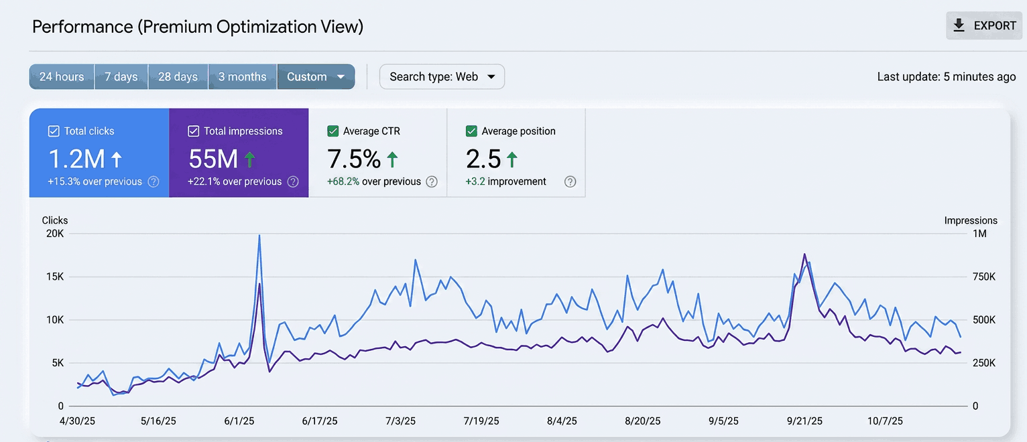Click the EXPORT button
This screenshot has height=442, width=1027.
tap(984, 25)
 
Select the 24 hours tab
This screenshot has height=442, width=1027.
tap(62, 76)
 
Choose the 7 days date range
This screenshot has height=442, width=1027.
tap(121, 76)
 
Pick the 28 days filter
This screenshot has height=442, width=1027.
tap(178, 76)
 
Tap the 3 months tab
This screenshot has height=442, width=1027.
tap(242, 76)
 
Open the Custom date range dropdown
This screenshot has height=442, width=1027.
tap(316, 76)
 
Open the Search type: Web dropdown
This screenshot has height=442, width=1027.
tap(442, 76)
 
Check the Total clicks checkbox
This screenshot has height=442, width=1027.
tap(54, 131)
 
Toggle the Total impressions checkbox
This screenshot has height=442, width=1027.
tap(194, 131)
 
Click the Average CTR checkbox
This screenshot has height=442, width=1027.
tap(333, 131)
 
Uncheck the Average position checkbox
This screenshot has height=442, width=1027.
tap(471, 131)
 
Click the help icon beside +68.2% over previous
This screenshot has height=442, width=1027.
tap(432, 181)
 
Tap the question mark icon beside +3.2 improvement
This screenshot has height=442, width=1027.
tap(570, 181)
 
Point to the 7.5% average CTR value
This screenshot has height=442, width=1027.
tap(354, 159)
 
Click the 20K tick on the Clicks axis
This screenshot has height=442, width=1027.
tap(55, 234)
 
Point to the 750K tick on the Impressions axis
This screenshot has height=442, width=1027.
tap(984, 277)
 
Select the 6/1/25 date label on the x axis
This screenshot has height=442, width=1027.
tap(239, 421)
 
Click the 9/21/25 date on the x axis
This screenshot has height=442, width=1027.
tap(804, 421)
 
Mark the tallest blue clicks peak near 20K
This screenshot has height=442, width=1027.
tap(259, 236)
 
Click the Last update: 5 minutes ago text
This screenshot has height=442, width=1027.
tap(947, 76)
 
